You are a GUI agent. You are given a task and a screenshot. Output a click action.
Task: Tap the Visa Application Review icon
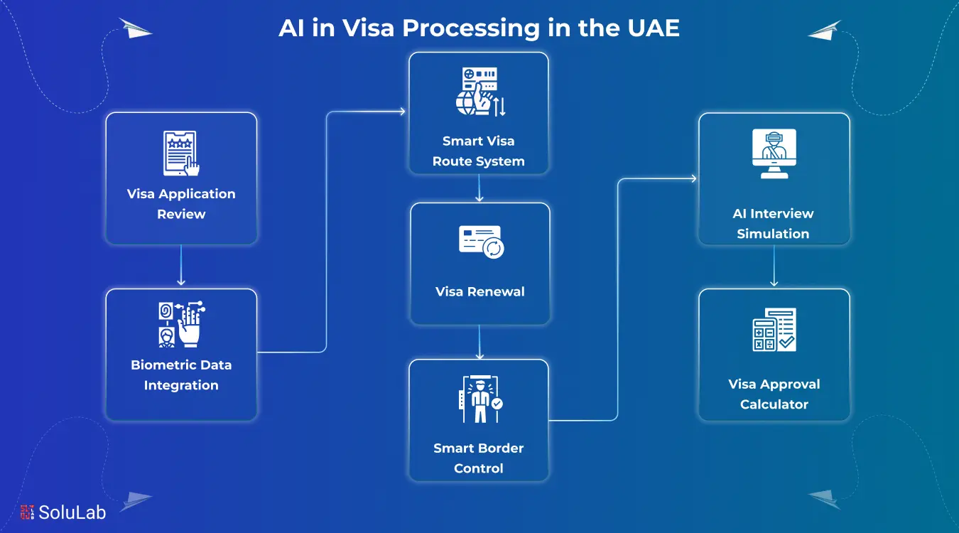(x=181, y=153)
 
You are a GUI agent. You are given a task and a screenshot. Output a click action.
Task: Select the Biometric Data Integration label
(x=181, y=375)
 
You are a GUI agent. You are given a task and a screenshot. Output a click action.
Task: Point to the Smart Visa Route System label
(x=479, y=151)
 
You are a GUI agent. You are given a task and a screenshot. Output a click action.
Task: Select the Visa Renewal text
(x=480, y=292)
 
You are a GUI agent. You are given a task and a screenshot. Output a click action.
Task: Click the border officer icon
(x=479, y=402)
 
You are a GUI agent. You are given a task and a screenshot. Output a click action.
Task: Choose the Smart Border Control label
(x=479, y=458)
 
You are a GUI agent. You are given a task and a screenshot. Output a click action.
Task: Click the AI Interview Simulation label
(x=774, y=223)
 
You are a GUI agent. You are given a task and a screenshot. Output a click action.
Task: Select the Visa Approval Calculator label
(x=774, y=394)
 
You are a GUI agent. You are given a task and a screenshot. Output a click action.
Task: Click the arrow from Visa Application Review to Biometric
(x=181, y=266)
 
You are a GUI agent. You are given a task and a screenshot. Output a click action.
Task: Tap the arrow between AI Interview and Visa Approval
(x=774, y=266)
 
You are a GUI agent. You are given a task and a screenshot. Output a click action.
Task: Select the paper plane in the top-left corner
(x=135, y=29)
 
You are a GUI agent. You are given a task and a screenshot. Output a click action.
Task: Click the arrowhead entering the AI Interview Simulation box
(x=693, y=179)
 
